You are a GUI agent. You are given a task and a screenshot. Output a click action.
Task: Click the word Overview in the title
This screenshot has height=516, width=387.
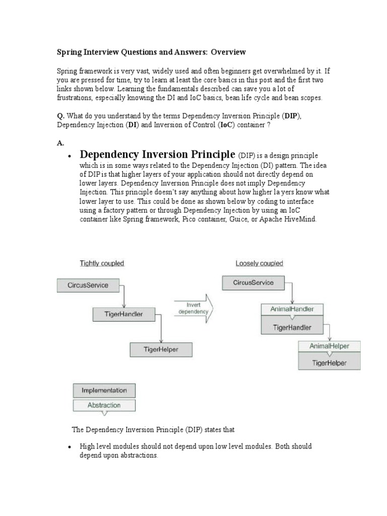pos(228,52)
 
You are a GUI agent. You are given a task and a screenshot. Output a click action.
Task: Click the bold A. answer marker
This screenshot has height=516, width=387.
pos(60,143)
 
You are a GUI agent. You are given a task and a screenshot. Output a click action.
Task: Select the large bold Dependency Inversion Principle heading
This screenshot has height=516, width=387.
pos(158,154)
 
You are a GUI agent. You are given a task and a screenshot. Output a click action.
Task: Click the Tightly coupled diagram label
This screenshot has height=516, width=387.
pos(102,263)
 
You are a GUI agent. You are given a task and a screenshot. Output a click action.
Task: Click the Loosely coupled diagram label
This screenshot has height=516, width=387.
pos(259,263)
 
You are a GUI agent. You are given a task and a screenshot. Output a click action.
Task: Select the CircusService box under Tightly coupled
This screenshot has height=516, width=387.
pos(88,285)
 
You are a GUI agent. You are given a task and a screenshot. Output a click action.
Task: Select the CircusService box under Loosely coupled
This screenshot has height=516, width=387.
pos(253,283)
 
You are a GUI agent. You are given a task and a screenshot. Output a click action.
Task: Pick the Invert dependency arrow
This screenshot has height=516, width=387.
pos(193,308)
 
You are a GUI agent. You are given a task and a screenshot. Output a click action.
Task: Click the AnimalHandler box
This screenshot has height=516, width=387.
pos(292,310)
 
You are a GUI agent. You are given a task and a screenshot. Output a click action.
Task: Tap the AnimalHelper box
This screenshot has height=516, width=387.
pos(329,346)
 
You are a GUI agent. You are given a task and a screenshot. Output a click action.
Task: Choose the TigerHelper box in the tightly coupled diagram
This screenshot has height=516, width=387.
pos(161,349)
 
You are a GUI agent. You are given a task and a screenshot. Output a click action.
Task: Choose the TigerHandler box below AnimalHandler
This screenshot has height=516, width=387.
pos(292,328)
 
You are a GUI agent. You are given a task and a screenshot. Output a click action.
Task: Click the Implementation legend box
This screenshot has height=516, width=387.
pos(104,391)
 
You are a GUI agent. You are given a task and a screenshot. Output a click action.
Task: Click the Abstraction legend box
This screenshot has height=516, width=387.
pos(104,405)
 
